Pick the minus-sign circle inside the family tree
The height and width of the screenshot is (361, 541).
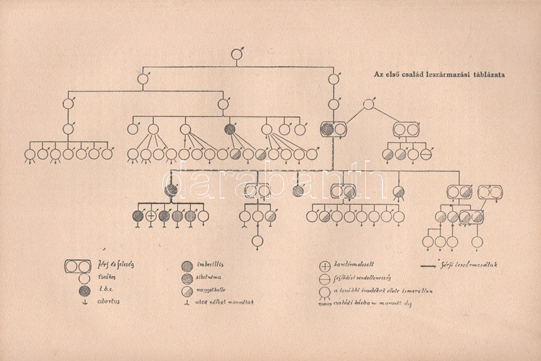click(425, 154)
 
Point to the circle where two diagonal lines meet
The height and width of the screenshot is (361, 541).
click(367, 104)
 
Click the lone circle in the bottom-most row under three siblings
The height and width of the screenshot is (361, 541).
click(257, 240)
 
